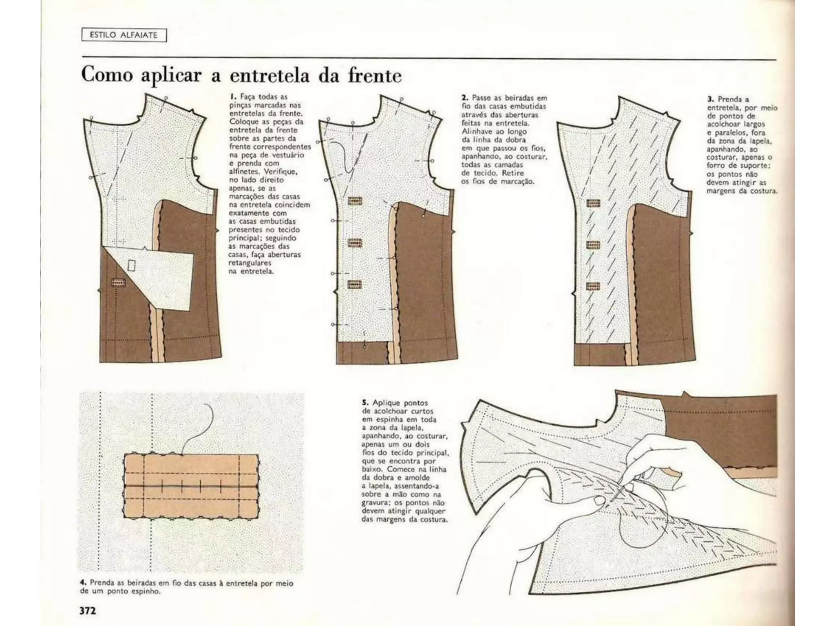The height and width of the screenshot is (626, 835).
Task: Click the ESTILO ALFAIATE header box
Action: point(124,35)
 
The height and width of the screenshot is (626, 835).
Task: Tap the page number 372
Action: point(88,611)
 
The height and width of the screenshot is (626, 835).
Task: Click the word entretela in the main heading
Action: point(269,76)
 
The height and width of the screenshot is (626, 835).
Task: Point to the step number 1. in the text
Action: point(233,97)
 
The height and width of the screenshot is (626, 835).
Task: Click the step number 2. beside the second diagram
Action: point(464,98)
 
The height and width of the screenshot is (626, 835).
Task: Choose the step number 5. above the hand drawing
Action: point(365,403)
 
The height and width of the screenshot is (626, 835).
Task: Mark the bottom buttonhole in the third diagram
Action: point(593,286)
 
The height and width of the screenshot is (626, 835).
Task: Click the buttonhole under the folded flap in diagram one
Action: point(118,282)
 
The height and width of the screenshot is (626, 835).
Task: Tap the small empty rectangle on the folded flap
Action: point(132,265)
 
